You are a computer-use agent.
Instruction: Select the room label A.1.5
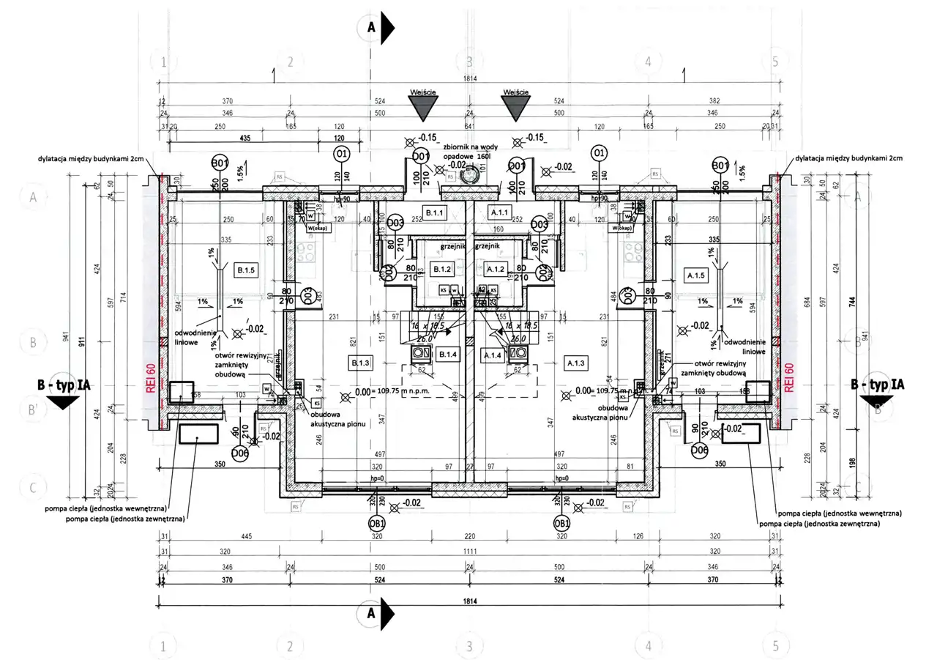[695, 275]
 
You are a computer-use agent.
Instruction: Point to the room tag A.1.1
[501, 212]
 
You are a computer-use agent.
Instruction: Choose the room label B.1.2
[441, 270]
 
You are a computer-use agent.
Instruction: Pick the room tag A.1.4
[491, 355]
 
